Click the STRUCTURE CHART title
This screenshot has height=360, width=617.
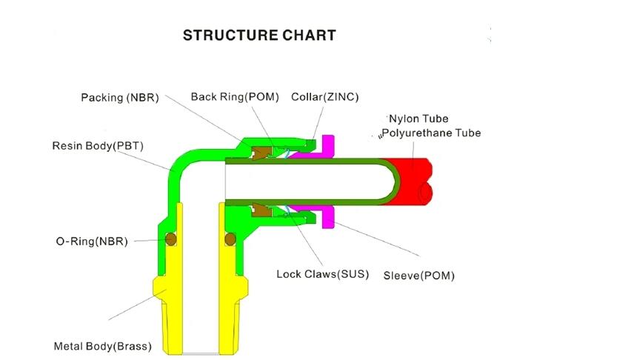pos(259,35)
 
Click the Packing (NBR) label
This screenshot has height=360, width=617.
pos(120,98)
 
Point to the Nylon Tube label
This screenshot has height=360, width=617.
pos(419,119)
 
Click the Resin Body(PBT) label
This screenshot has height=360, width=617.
pos(98,146)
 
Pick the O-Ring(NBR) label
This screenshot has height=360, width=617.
pos(92,241)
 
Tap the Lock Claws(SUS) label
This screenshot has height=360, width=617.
pos(318,274)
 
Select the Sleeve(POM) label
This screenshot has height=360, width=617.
pos(418,276)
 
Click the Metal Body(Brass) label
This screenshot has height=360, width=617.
pos(102,346)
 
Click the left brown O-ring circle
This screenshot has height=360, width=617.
pos(171,239)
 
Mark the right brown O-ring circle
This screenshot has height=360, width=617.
pos(230,239)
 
